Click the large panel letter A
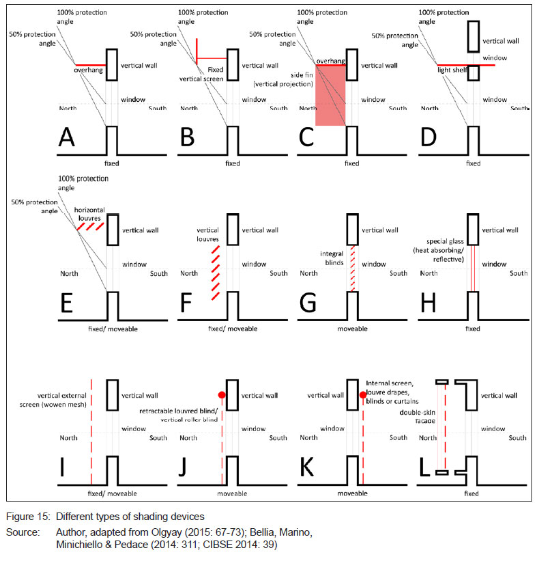[66, 139]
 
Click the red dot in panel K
[362, 395]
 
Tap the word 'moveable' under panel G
[351, 329]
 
